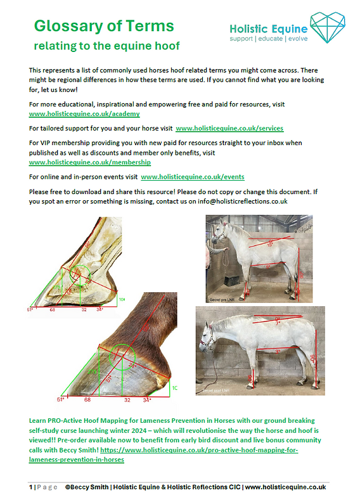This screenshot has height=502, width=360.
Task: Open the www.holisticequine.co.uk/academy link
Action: point(80,114)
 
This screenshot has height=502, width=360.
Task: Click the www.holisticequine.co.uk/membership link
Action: point(87,162)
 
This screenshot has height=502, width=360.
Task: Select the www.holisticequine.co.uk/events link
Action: point(193,177)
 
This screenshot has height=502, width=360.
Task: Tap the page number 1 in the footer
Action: point(30,487)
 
